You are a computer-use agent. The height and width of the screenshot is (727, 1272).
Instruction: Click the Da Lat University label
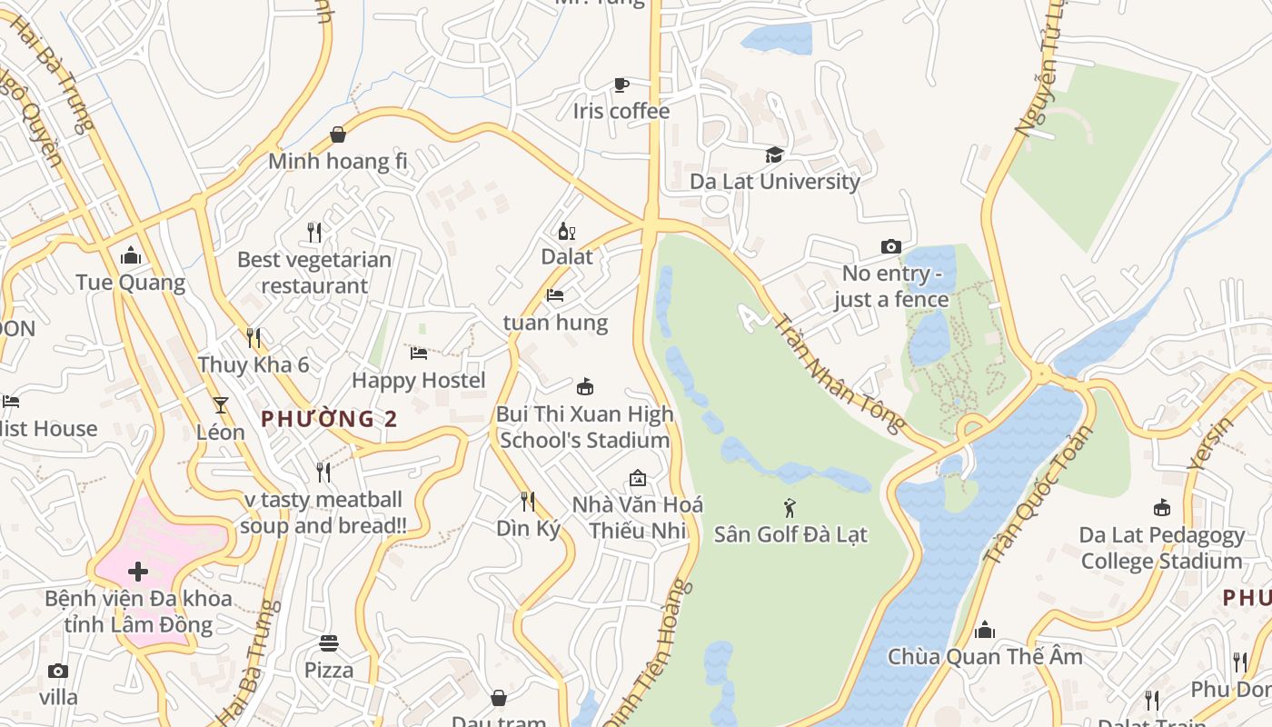[x=774, y=181]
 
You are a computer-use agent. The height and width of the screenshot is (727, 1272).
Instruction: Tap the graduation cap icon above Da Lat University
[x=774, y=154]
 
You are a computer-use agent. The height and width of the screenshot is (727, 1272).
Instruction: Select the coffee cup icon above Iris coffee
[x=621, y=85]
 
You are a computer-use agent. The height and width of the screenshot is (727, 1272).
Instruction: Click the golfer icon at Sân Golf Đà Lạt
[x=790, y=508]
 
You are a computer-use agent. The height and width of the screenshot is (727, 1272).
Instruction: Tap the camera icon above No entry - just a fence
[x=891, y=246]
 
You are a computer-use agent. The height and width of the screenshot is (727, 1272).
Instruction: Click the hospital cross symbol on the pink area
[x=138, y=572]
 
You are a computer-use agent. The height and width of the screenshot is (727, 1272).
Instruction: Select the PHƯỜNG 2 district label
[x=329, y=419]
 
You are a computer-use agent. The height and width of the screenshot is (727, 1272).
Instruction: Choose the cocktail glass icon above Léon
[x=221, y=404]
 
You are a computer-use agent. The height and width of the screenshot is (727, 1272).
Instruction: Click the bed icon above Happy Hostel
[x=419, y=353]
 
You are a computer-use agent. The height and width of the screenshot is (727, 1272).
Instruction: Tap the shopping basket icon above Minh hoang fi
[x=338, y=135]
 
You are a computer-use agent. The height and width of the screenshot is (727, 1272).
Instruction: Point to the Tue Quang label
[x=131, y=283]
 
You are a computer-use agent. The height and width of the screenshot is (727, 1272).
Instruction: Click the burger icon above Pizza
[x=329, y=643]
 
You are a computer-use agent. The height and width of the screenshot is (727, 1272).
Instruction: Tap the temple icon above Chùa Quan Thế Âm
[x=985, y=630]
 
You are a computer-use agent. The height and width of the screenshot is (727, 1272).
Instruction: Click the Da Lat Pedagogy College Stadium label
[x=1161, y=548]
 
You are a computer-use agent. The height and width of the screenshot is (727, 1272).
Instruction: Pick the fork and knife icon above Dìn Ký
[x=528, y=501]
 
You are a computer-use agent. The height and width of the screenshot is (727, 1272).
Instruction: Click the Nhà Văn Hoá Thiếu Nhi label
[x=638, y=517]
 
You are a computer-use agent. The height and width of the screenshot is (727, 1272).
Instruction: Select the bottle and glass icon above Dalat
[x=567, y=231]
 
